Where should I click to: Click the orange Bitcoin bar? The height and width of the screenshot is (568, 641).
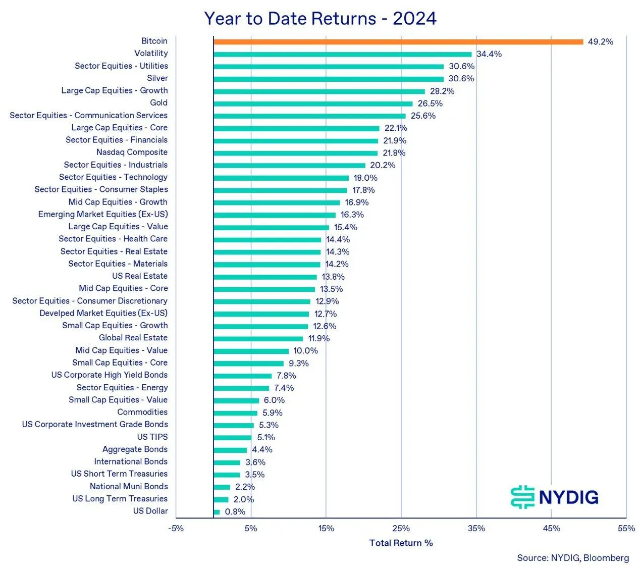398,42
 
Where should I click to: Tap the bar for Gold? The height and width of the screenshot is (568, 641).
313,104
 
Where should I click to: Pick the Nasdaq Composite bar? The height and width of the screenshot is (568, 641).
295,153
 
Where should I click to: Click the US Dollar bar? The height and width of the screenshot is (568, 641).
217,512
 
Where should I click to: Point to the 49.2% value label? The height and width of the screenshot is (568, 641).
601,42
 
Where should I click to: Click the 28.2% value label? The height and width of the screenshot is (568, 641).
442,91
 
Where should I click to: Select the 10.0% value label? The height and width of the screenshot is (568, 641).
306,351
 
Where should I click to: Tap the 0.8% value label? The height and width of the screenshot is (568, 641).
235,512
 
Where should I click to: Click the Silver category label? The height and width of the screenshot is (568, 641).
157,78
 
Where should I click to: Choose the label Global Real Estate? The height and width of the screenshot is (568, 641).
133,338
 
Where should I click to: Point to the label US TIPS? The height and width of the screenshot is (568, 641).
152,437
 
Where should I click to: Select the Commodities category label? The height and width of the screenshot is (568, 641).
142,412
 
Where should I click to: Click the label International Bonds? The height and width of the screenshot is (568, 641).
131,461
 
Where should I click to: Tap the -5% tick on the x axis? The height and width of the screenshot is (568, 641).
176,529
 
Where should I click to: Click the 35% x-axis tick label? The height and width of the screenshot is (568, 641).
476,529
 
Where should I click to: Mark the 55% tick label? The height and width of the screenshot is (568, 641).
626,529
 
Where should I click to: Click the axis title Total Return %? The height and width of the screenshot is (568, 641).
401,543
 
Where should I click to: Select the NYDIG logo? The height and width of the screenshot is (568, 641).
555,497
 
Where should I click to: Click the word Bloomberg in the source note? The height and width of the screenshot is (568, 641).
606,558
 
